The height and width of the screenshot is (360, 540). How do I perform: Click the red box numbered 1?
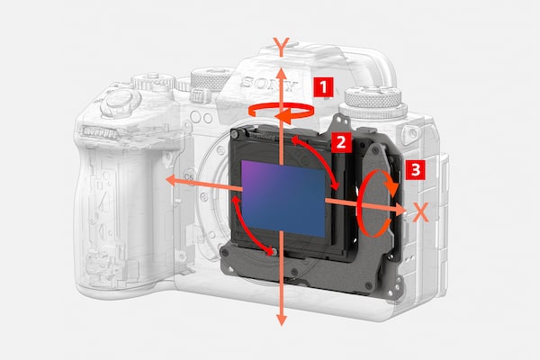click(323, 87)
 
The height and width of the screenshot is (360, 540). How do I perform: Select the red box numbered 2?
click(341, 142)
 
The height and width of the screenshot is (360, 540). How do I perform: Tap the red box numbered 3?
click(415, 170)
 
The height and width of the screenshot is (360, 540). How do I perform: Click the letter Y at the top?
click(282, 47)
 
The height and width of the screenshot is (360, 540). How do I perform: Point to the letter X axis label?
click(420, 212)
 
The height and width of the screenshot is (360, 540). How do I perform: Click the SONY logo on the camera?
click(268, 84)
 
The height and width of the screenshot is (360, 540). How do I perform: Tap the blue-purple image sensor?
click(283, 198)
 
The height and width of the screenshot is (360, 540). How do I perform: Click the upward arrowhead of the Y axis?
click(282, 75)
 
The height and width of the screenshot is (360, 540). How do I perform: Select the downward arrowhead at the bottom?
click(282, 319)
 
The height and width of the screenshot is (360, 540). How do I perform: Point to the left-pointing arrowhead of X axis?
click(172, 180)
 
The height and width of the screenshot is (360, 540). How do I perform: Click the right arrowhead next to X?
click(400, 209)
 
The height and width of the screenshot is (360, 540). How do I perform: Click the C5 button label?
click(189, 177)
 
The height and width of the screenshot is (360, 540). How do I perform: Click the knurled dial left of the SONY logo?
click(210, 79)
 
